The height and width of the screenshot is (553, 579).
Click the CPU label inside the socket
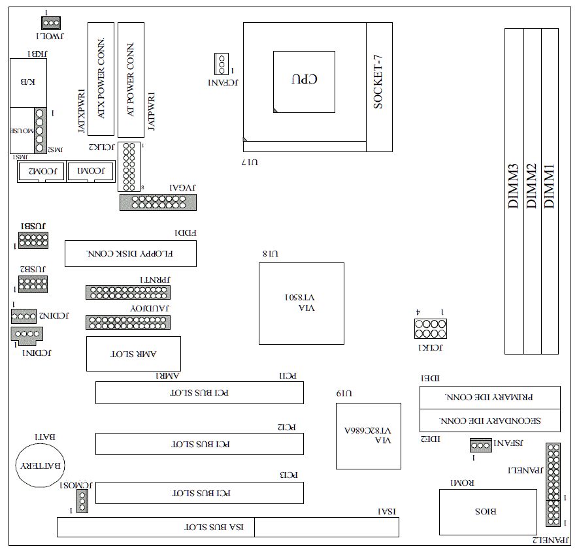click(304, 79)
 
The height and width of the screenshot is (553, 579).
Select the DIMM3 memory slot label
click(514, 186)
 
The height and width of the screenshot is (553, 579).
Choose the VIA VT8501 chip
click(301, 303)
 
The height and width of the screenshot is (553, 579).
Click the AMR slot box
click(133, 354)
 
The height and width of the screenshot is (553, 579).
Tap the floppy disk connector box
click(130, 253)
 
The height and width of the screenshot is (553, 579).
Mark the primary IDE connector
click(489, 397)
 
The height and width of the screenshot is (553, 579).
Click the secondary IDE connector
click(489, 420)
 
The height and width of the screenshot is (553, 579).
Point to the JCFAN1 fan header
click(221, 65)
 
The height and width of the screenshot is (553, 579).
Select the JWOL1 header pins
click(52, 24)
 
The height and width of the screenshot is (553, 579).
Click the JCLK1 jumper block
click(429, 328)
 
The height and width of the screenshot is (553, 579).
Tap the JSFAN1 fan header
click(480, 446)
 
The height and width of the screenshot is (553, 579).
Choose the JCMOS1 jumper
click(82, 501)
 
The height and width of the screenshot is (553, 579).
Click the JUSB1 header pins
click(33, 240)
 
